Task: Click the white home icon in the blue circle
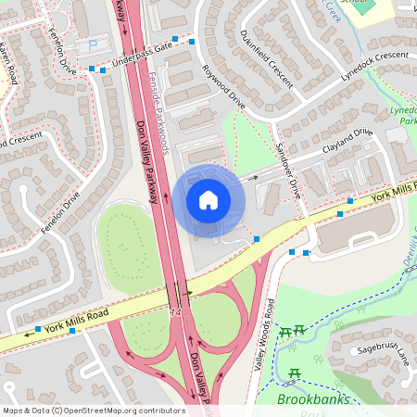coord(208,199)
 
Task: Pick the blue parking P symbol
coord(92,45)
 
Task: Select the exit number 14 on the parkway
coord(175,313)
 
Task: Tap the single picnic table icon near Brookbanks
coord(294,373)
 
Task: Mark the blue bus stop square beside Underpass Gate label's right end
coord(191,42)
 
